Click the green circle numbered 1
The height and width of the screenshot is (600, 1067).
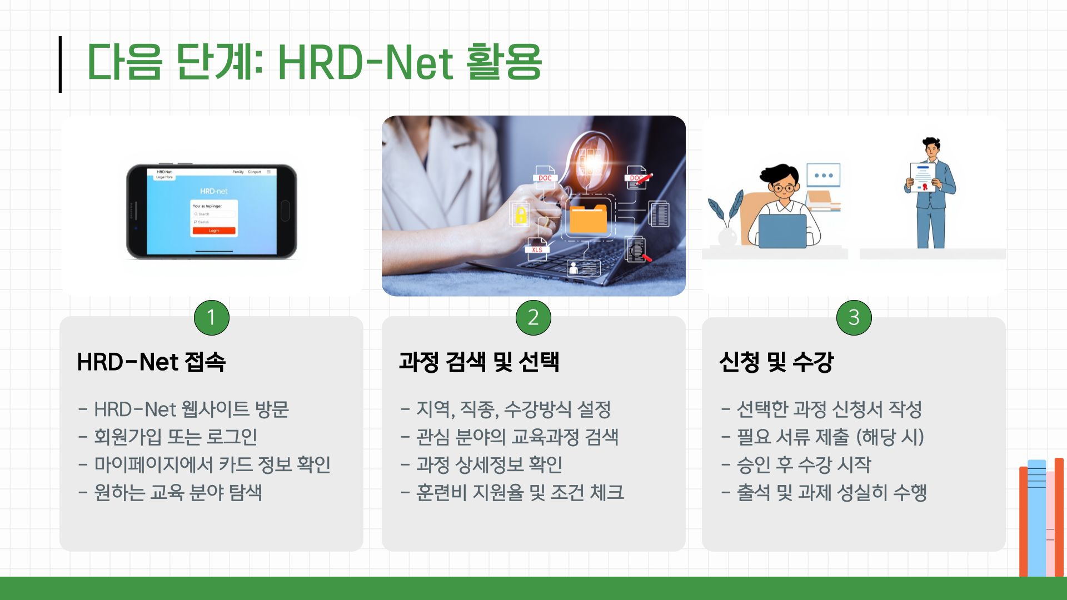[x=211, y=317]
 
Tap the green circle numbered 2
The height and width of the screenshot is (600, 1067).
[x=533, y=317]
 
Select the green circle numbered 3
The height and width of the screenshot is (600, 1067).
[x=854, y=317]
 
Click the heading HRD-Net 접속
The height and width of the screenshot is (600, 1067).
[x=151, y=362]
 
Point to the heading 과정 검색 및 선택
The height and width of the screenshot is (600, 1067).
[x=479, y=362]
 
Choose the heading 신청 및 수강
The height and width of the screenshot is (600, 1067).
[x=776, y=362]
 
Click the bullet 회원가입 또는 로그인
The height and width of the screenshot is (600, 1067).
[x=175, y=437]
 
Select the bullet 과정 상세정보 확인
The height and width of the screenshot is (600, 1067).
[x=489, y=465]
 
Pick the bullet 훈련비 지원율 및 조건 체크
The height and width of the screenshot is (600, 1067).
[x=520, y=493]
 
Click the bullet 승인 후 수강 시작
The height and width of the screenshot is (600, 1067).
[x=804, y=465]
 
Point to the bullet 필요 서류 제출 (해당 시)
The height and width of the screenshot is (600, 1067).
[x=830, y=437]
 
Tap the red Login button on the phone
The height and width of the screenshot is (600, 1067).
[x=214, y=231]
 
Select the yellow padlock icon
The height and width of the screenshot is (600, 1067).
[x=521, y=214]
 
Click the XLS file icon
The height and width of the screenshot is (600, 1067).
[x=537, y=248]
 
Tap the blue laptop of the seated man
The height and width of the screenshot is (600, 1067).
[x=782, y=231]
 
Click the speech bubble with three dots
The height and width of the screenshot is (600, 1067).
[x=823, y=175]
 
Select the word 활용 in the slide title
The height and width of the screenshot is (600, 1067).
[x=503, y=62]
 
